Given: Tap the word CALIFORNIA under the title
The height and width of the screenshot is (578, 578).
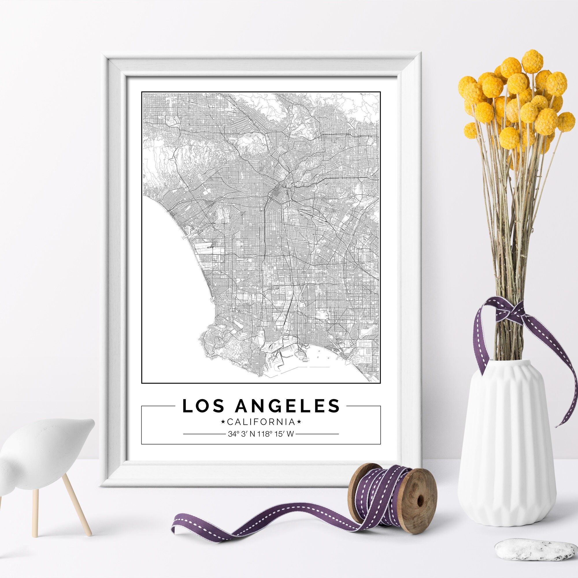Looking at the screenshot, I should (x=261, y=422).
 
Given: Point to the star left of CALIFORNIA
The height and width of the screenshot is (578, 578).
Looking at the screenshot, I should (x=223, y=422).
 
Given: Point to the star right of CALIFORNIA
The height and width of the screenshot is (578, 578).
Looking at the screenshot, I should (x=299, y=422).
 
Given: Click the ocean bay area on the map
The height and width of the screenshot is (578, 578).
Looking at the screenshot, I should (x=171, y=284).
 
